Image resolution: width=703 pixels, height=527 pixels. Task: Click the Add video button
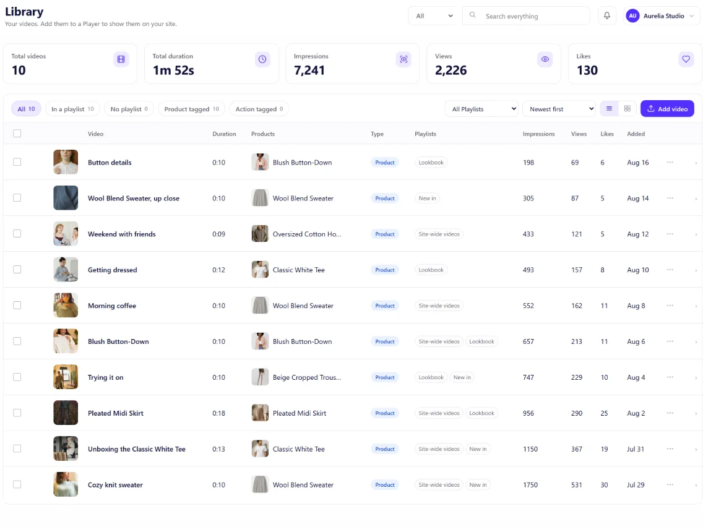tap(667, 109)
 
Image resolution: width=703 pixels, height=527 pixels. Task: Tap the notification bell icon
tap(606, 15)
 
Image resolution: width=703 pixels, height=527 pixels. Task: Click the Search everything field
tap(526, 16)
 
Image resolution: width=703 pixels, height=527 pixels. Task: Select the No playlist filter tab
tap(129, 109)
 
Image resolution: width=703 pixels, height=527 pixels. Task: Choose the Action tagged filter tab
tap(259, 109)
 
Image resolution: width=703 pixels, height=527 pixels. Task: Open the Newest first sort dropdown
tap(559, 109)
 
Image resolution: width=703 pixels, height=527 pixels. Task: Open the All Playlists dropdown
tap(481, 109)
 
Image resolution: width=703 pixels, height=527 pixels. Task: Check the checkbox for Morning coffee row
tap(17, 305)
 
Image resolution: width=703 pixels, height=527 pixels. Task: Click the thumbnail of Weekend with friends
tap(66, 233)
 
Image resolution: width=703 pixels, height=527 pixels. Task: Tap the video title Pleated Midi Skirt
tap(116, 413)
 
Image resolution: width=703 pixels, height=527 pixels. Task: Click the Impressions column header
tap(538, 134)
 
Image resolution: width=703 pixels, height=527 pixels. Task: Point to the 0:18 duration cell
tap(219, 413)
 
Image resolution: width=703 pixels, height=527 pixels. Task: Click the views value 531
tap(577, 485)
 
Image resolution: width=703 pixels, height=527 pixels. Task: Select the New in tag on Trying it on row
tap(462, 377)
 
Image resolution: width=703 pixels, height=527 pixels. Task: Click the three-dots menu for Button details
tap(670, 162)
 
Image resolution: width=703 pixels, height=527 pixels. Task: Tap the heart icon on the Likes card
tap(686, 59)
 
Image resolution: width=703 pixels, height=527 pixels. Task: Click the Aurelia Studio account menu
tap(662, 15)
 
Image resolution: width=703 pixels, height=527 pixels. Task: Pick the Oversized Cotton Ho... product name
tap(307, 234)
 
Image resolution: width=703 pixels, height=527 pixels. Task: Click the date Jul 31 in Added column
tap(636, 449)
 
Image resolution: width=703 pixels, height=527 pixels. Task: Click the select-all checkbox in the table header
tap(17, 133)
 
